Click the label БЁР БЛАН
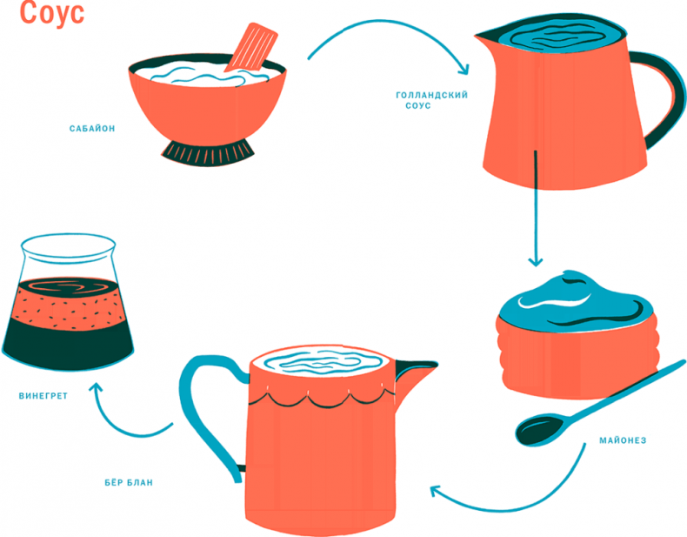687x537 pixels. [x=129, y=481]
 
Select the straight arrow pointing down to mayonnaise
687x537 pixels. [x=535, y=209]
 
